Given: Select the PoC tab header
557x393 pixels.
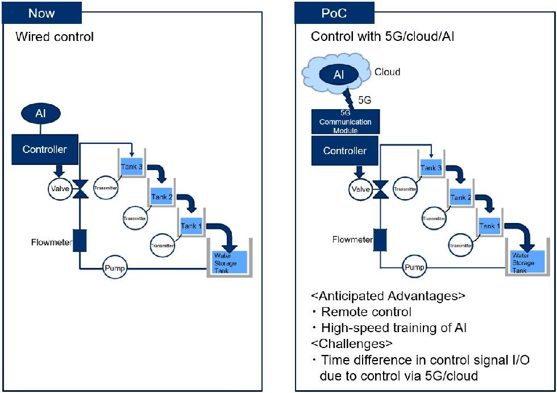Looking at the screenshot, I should pos(334,13).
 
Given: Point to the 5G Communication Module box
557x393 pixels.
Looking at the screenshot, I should pos(345,122).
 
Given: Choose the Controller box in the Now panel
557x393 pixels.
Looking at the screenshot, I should pos(45,150).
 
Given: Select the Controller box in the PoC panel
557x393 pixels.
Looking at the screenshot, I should pos(345,151).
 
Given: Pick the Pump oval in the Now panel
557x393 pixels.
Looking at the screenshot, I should pos(115,267).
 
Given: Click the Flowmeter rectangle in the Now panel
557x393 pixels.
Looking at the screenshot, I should pos(80,241).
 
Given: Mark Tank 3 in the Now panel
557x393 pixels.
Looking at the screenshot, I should pos(132,167).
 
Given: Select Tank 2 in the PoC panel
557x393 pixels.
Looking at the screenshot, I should pos(460,198).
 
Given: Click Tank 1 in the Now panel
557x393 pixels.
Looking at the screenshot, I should pos(192,226).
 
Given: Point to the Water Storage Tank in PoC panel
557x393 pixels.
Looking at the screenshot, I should pos(522,262).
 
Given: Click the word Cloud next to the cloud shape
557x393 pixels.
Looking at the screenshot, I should pos(387,72).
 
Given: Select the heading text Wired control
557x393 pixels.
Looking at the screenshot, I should pos(55,38).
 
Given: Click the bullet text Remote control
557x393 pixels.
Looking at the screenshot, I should pos(366,312).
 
